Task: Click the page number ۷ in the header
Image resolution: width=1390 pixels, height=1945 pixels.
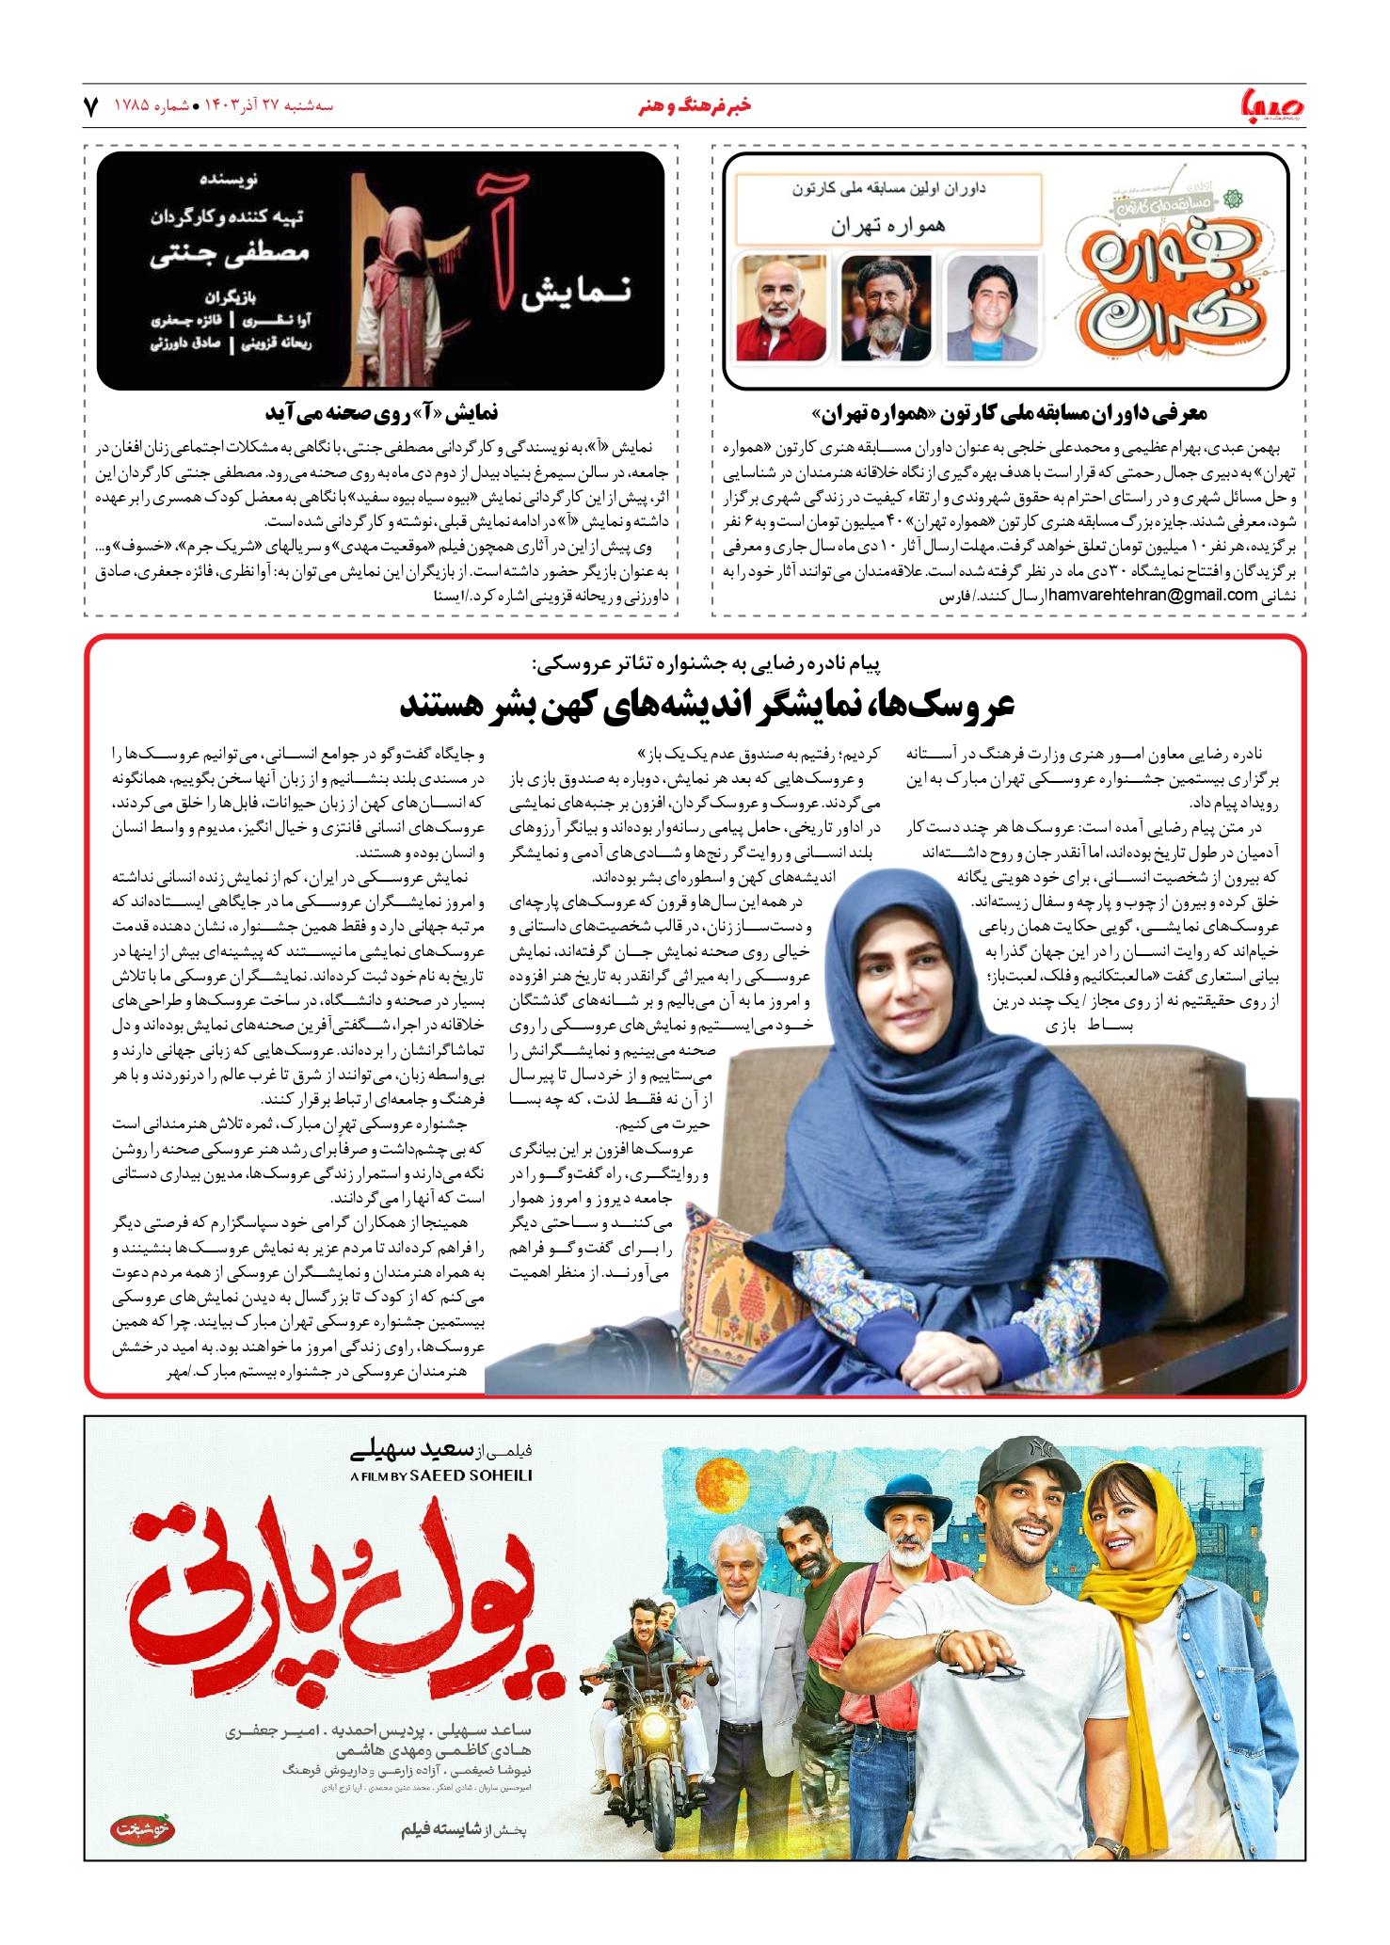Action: (91, 105)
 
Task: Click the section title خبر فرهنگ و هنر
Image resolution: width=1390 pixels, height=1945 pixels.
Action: (695, 105)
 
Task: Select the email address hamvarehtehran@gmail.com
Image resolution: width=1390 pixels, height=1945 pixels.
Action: (1152, 595)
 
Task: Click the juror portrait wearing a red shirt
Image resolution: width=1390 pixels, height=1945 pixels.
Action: (781, 308)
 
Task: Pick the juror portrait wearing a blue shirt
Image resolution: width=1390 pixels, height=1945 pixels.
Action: (991, 308)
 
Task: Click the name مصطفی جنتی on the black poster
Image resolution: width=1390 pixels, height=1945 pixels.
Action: (230, 253)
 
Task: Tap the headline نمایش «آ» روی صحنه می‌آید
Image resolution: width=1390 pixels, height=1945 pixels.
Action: (381, 412)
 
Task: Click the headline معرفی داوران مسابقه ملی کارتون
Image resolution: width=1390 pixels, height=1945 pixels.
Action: (1009, 412)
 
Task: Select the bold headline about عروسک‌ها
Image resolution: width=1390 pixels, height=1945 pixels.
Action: (707, 704)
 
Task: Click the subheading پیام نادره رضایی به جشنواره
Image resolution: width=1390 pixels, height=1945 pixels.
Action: (706, 663)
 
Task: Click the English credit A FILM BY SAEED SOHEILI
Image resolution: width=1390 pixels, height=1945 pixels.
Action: (440, 1475)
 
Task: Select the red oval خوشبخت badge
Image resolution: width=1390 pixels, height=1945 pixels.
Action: (143, 1830)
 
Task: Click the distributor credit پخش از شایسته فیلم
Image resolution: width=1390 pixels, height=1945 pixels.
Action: (464, 1829)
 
